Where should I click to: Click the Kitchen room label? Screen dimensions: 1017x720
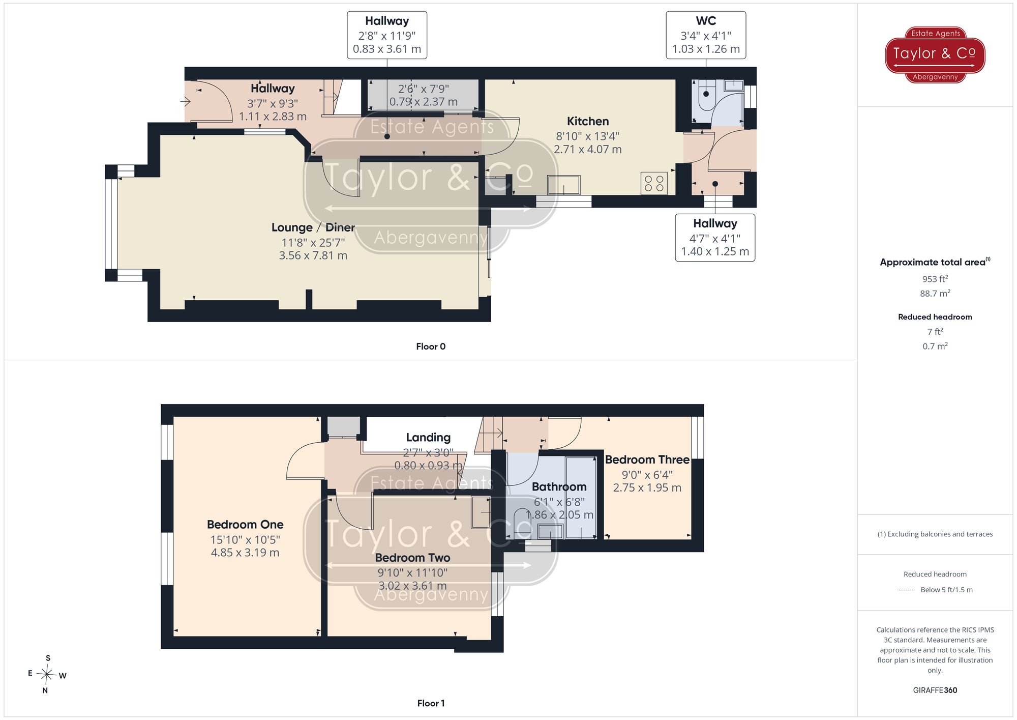tap(588, 121)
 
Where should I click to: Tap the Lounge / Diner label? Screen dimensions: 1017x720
tap(313, 227)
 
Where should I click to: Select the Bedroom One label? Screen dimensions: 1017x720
tap(245, 525)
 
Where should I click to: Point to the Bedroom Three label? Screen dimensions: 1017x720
tap(647, 459)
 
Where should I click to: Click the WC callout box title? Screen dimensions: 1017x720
tap(706, 21)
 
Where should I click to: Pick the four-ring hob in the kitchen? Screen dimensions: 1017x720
tap(654, 184)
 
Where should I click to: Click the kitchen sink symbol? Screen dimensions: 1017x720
tap(564, 185)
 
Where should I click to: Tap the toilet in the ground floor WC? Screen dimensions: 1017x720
tap(706, 97)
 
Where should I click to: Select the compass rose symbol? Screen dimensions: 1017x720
tap(47, 675)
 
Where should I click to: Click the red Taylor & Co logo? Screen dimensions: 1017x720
tap(935, 54)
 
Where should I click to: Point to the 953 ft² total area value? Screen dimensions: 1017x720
tap(935, 279)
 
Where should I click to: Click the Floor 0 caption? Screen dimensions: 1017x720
tap(431, 347)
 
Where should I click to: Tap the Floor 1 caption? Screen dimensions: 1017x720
tap(431, 703)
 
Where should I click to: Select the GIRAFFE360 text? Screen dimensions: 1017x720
tap(935, 690)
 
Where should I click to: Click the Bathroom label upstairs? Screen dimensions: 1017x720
tap(559, 487)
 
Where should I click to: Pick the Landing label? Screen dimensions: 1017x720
tap(428, 438)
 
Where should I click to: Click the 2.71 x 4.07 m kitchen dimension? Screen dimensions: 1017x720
tap(588, 150)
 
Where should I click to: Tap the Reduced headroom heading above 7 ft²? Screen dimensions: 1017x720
tap(935, 317)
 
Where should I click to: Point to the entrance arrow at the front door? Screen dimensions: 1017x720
tap(186, 102)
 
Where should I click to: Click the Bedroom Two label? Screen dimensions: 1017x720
tap(412, 558)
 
